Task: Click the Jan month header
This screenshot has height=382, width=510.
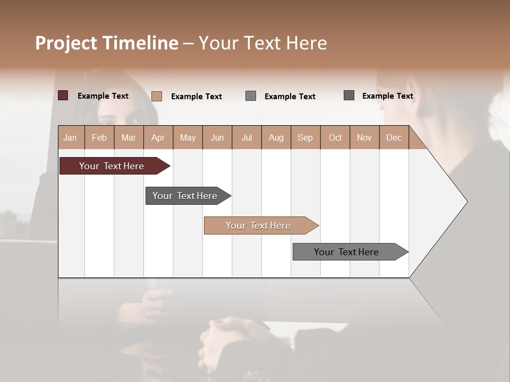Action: click(x=71, y=137)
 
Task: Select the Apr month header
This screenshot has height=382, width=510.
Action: click(x=158, y=137)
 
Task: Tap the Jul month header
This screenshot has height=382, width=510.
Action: click(x=247, y=137)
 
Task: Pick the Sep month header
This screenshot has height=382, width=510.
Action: click(x=305, y=137)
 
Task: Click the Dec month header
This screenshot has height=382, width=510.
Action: click(x=394, y=137)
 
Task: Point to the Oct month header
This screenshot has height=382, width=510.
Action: click(x=335, y=137)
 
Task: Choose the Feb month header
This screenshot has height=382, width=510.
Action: click(x=99, y=137)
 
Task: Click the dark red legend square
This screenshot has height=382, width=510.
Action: click(x=63, y=95)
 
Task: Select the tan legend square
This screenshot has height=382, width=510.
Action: click(x=157, y=96)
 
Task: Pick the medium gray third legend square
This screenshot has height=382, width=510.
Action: click(x=251, y=96)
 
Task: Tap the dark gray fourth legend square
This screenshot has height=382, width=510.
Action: click(x=349, y=95)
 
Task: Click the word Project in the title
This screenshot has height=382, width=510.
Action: click(x=66, y=43)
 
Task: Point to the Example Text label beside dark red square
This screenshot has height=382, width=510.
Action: click(x=103, y=96)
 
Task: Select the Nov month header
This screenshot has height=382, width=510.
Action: click(x=364, y=137)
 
